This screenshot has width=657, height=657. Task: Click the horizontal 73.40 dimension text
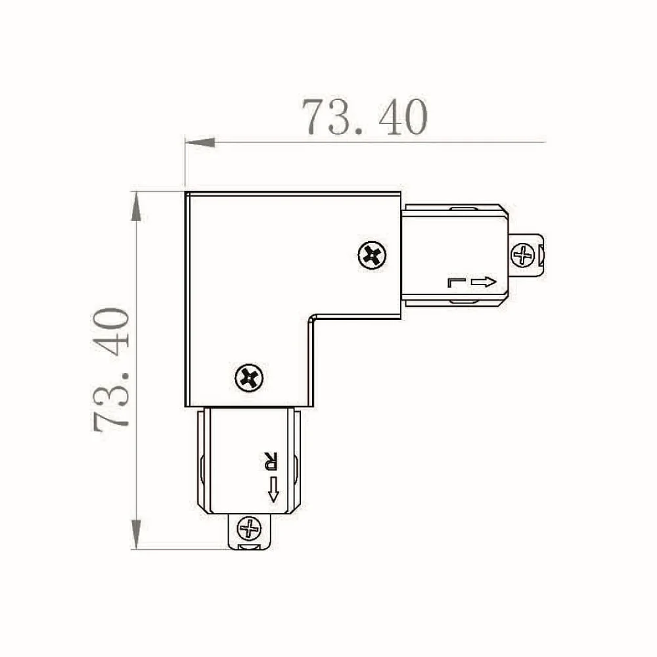pos(365,118)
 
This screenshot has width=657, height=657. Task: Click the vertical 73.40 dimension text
pos(111,370)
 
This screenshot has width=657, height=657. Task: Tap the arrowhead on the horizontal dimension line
pos(200,143)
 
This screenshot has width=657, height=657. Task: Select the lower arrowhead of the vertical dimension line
pos(136,533)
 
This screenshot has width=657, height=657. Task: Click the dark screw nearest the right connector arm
pos(372,255)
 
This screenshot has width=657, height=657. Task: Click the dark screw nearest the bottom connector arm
pos(249,378)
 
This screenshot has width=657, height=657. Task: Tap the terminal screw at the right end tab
pos(523,255)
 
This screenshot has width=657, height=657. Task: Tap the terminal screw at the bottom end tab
pos(249,528)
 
